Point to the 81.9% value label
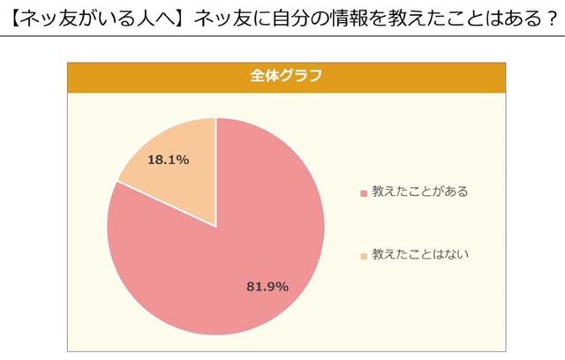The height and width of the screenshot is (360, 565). click(267, 286)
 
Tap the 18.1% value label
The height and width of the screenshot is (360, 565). click(168, 161)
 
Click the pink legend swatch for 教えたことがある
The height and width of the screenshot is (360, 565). click(363, 192)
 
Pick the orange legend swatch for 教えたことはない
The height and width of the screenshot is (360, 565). click(363, 256)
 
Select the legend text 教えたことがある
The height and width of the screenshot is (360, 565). click(419, 191)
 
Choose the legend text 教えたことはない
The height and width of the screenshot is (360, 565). click(419, 255)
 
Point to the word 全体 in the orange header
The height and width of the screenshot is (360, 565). click(266, 76)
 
